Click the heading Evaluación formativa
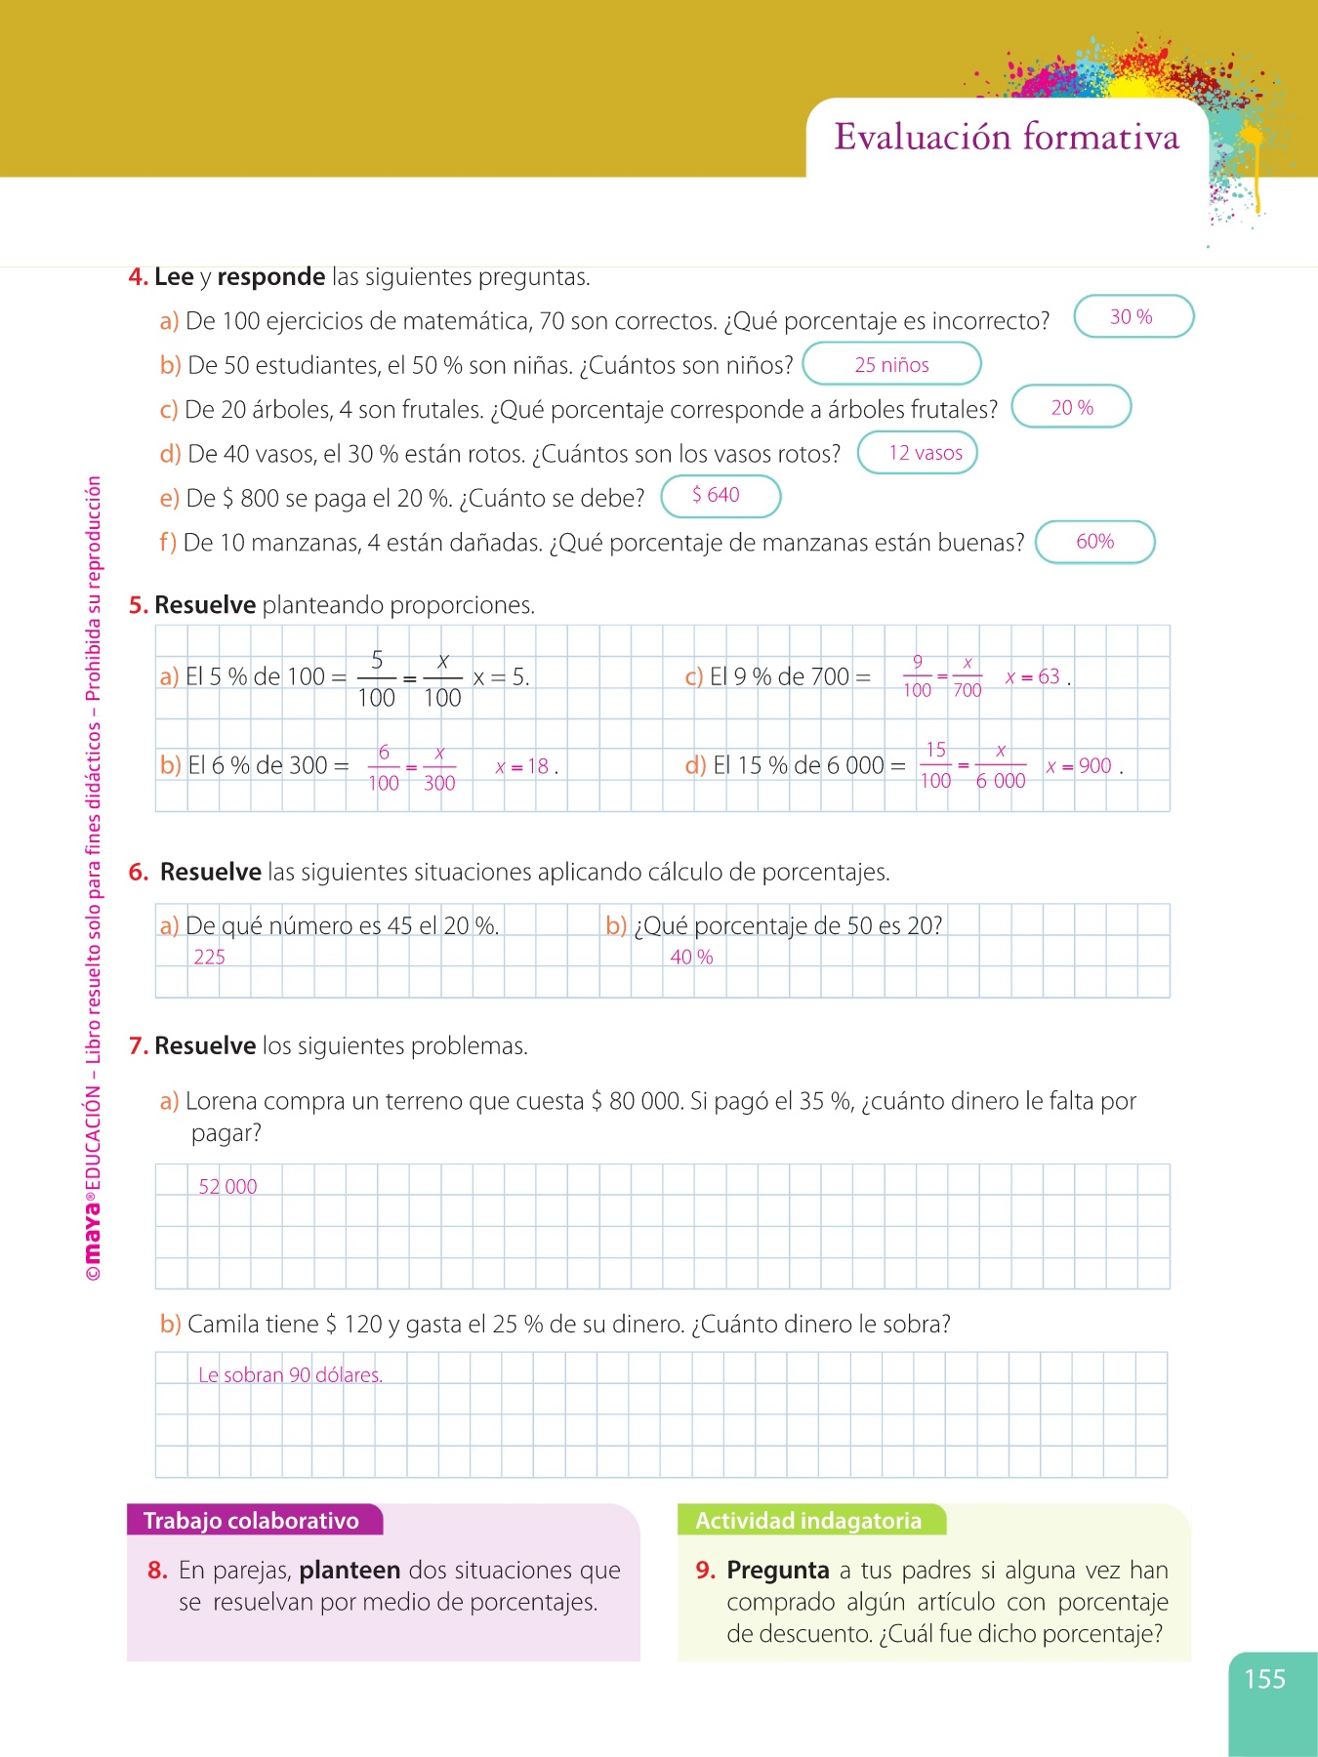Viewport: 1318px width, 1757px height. point(1007,138)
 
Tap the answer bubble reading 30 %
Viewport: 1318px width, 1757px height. point(1133,317)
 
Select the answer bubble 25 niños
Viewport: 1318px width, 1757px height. point(891,365)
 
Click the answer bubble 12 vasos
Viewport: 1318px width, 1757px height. point(918,453)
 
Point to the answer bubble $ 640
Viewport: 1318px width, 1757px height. point(721,496)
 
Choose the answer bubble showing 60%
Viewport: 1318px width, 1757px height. point(1094,543)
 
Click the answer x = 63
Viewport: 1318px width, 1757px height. point(1033,676)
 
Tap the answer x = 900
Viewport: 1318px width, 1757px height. point(1079,766)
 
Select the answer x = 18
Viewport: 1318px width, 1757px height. point(522,767)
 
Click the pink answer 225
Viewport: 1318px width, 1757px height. point(209,958)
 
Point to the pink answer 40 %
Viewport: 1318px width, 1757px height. point(691,958)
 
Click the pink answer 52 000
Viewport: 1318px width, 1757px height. point(227,1187)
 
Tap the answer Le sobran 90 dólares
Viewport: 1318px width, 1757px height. point(290,1375)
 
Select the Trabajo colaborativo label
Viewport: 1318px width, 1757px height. point(252,1521)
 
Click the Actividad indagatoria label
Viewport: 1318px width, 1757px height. point(808,1521)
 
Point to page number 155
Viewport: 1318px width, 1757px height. point(1264,1679)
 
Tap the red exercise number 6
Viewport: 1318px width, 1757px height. point(138,873)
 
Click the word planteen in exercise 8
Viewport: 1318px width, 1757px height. point(350,1571)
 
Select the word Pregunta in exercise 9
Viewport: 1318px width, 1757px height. point(777,1571)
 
